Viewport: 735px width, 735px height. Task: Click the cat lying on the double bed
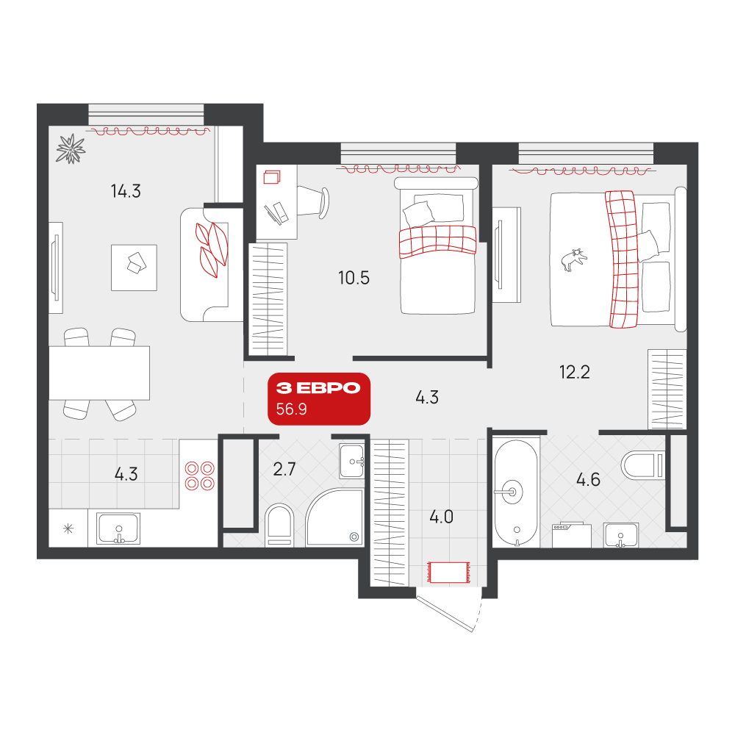[x=573, y=259]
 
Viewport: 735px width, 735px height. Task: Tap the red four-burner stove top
[x=200, y=476]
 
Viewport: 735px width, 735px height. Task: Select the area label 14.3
[x=126, y=191]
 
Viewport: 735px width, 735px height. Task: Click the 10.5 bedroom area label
[x=354, y=278]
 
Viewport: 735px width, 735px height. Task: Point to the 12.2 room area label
[x=574, y=372]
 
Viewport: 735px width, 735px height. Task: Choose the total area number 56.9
[x=291, y=409]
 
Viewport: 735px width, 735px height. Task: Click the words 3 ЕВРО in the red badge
[x=318, y=387]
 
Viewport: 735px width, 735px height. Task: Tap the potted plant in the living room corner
[x=71, y=148]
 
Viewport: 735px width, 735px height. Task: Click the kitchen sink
[x=118, y=528]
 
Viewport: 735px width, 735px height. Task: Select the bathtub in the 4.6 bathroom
[x=516, y=492]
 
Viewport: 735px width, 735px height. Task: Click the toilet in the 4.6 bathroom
[x=643, y=465]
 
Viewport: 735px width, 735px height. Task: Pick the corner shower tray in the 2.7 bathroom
[x=334, y=517]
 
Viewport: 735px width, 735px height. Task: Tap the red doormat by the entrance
[x=448, y=573]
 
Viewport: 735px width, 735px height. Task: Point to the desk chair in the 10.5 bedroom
[x=313, y=201]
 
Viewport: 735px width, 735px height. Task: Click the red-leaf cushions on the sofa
[x=212, y=250]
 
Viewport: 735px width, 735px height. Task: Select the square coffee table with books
[x=134, y=268]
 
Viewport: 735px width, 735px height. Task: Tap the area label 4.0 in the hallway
[x=441, y=517]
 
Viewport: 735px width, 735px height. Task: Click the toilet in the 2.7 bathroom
[x=279, y=526]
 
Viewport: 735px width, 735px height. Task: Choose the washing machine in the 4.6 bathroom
[x=571, y=535]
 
